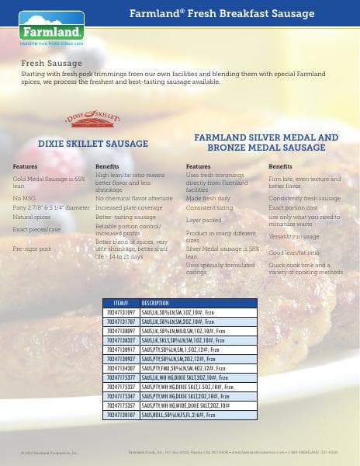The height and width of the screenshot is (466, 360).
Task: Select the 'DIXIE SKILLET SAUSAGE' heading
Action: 93,144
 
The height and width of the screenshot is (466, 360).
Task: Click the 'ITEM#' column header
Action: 120,302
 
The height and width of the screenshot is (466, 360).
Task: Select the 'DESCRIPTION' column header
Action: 155,302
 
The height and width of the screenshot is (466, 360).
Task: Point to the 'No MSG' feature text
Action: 23,199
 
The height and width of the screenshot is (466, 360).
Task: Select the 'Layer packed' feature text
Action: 204,220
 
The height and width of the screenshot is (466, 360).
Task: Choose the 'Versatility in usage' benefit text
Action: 294,235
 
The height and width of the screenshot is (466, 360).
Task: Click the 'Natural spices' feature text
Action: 32,217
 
